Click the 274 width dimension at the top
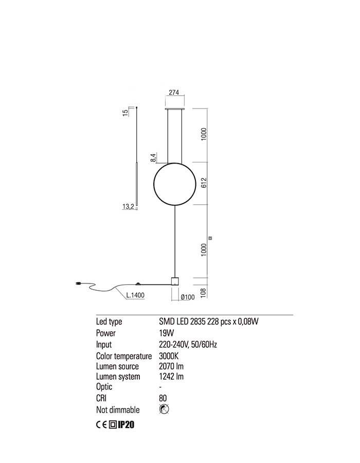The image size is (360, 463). point(174,92)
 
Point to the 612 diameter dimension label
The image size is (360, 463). point(204,183)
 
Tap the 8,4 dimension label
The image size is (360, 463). point(153,158)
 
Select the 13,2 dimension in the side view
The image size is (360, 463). point(128,206)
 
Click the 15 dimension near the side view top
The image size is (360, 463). point(125,113)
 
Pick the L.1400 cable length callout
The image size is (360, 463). point(135,295)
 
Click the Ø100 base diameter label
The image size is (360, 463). point(188,297)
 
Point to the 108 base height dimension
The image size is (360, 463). point(203,293)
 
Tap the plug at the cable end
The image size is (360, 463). point(78,284)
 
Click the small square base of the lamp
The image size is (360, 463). point(175,281)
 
